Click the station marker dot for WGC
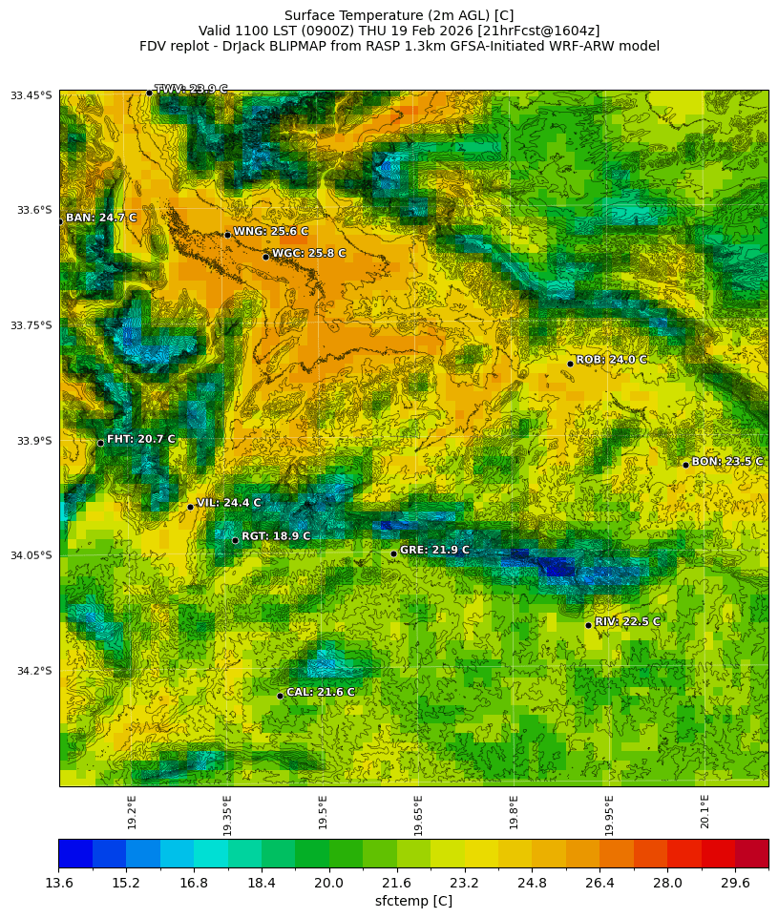pos(265,257)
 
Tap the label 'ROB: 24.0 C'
pos(611,360)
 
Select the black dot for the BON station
pos(685,465)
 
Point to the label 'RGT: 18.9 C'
pos(276,536)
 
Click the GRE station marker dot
pos(393,553)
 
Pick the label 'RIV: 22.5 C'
pos(627,621)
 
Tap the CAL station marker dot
pos(280,696)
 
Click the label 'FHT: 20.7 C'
pos(140,439)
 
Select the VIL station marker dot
pos(190,507)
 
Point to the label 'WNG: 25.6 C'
pos(271,231)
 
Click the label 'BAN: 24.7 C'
pos(101,218)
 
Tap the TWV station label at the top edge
pos(191,89)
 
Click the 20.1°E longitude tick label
pos(704,811)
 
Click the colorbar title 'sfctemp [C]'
pos(413,902)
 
